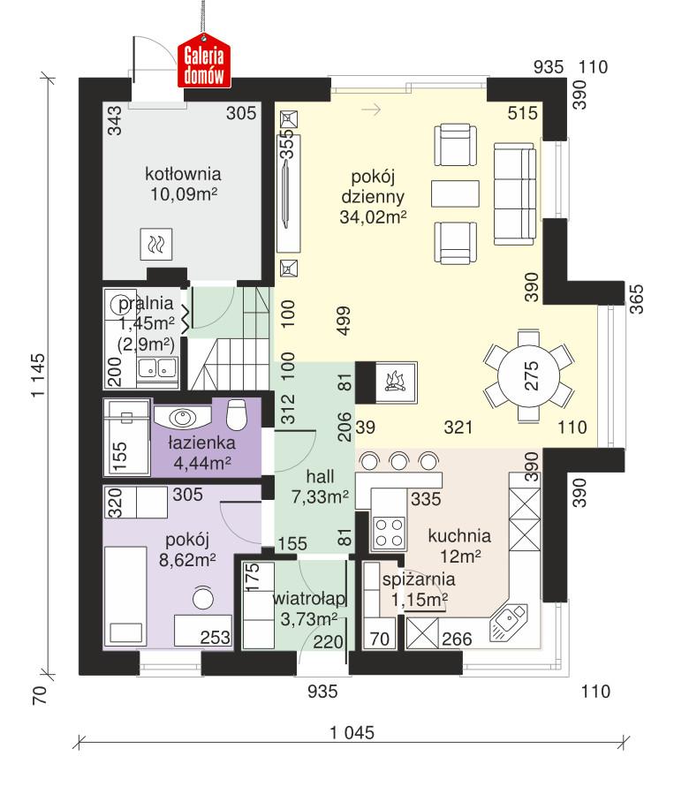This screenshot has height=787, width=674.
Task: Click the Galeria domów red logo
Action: click(205, 64)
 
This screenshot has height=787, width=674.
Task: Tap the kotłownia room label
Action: click(183, 173)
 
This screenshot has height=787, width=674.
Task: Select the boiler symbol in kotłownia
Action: click(156, 241)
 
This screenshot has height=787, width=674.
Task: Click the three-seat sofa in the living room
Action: click(514, 195)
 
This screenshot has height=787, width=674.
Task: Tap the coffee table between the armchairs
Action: click(455, 193)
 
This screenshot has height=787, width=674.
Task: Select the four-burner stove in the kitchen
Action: click(389, 533)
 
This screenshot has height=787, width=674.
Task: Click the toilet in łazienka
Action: click(237, 413)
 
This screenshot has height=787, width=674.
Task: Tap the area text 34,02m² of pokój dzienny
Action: click(373, 218)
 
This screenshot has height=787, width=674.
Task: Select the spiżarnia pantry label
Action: click(419, 580)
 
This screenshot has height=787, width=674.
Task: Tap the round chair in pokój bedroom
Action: click(203, 598)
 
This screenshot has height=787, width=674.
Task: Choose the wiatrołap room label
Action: click(307, 600)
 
